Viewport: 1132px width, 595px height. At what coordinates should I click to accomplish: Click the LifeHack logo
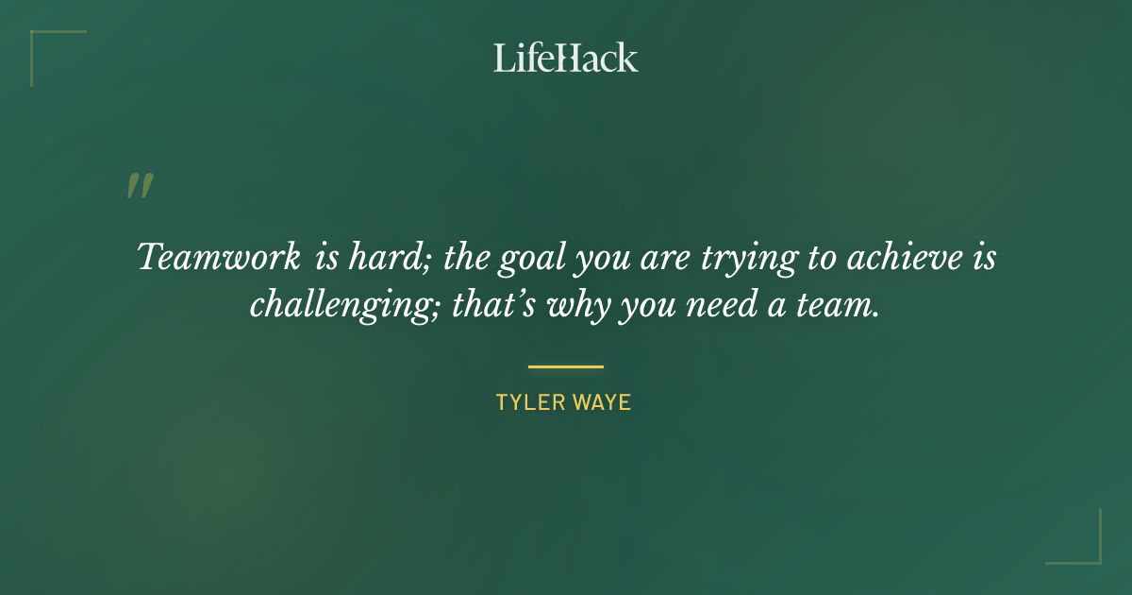(x=565, y=58)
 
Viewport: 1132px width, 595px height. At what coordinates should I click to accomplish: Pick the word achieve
(x=912, y=257)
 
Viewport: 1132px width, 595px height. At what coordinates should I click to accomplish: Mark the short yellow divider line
(x=565, y=366)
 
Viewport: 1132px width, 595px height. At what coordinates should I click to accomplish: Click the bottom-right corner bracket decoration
(x=1085, y=548)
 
